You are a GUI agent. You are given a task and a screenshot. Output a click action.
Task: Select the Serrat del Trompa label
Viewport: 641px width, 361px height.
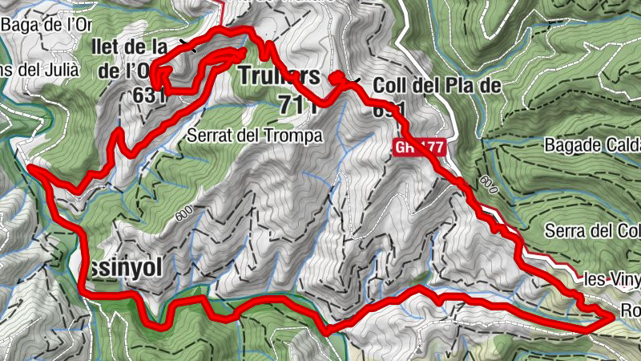point(254,136)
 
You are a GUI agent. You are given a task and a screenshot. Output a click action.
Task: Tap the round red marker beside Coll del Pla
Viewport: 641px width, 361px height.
point(337,77)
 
